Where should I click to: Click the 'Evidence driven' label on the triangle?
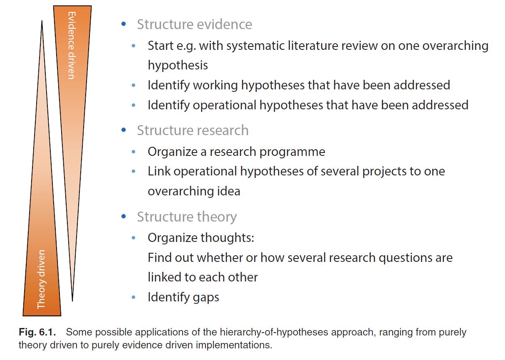[x=72, y=45]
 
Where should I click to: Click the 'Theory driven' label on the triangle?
[x=41, y=279]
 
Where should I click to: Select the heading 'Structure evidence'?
[x=195, y=24]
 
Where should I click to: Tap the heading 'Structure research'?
[x=193, y=130]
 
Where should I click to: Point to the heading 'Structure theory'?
[x=187, y=217]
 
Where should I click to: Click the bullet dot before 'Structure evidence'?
[x=124, y=24]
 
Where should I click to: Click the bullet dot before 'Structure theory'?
[x=124, y=216]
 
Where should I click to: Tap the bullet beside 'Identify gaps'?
[x=134, y=297]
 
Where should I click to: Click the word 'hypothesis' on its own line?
[x=178, y=65]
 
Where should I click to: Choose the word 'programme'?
[x=292, y=152]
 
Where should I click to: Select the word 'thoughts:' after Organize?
[x=227, y=238]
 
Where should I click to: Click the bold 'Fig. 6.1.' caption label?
[x=37, y=332]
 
